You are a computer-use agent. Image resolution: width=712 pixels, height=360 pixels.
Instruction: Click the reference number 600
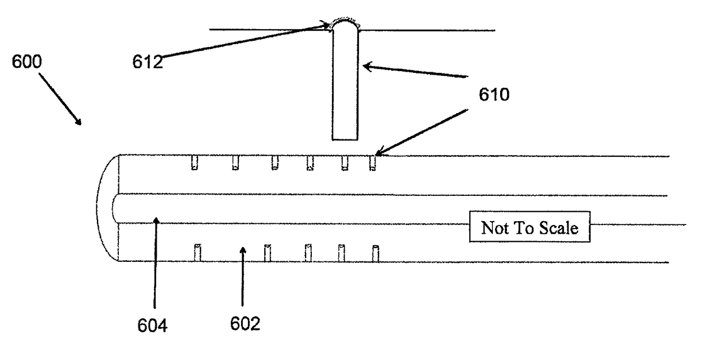27,62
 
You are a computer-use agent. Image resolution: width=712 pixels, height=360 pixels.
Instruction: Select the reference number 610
493,94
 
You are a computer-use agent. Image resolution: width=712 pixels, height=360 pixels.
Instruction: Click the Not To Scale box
529,228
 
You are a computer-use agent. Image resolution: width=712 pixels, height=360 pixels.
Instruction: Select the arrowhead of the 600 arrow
79,121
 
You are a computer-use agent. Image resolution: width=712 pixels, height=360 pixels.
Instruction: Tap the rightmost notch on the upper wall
372,162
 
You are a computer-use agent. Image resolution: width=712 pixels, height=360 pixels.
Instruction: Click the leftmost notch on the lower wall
197,253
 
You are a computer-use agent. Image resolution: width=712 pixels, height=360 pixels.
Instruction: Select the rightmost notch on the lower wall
376,253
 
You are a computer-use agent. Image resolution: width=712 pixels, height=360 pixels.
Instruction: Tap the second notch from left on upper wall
235,162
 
